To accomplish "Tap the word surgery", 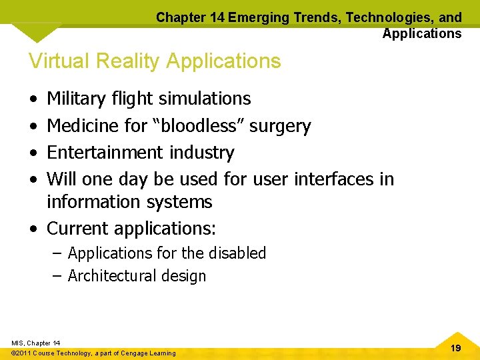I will click(280, 126).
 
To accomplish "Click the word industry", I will click(201, 153).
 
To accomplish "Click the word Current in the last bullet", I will click(78, 229).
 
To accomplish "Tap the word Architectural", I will click(111, 276).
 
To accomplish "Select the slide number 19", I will click(456, 348).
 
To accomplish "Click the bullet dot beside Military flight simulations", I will click(33, 99).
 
